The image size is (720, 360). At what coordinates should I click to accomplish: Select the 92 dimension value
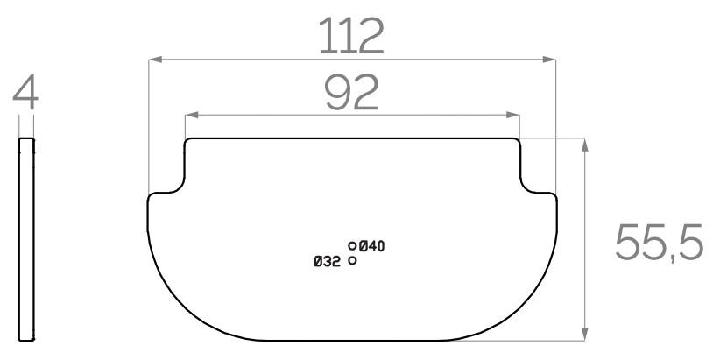(x=351, y=92)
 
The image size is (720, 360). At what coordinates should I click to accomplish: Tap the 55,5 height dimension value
(x=660, y=243)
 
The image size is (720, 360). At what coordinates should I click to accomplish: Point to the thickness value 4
(x=27, y=94)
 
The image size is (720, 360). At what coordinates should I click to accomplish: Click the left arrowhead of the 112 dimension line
(x=153, y=60)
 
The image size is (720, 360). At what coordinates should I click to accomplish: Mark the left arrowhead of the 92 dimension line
(x=190, y=114)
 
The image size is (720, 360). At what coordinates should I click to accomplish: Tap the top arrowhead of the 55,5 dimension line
(x=584, y=143)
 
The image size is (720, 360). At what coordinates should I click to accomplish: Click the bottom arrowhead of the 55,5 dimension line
(x=584, y=335)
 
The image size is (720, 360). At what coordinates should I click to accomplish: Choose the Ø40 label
(x=371, y=245)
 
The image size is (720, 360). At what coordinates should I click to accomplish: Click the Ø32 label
(x=327, y=261)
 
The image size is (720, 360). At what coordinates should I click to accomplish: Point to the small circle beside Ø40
(x=352, y=246)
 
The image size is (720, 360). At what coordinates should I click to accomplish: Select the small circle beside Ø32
(x=352, y=260)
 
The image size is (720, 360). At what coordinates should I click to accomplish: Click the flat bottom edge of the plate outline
(x=351, y=340)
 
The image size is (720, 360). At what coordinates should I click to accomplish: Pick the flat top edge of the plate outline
(x=351, y=138)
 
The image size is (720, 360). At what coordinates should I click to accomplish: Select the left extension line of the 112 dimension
(x=149, y=123)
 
